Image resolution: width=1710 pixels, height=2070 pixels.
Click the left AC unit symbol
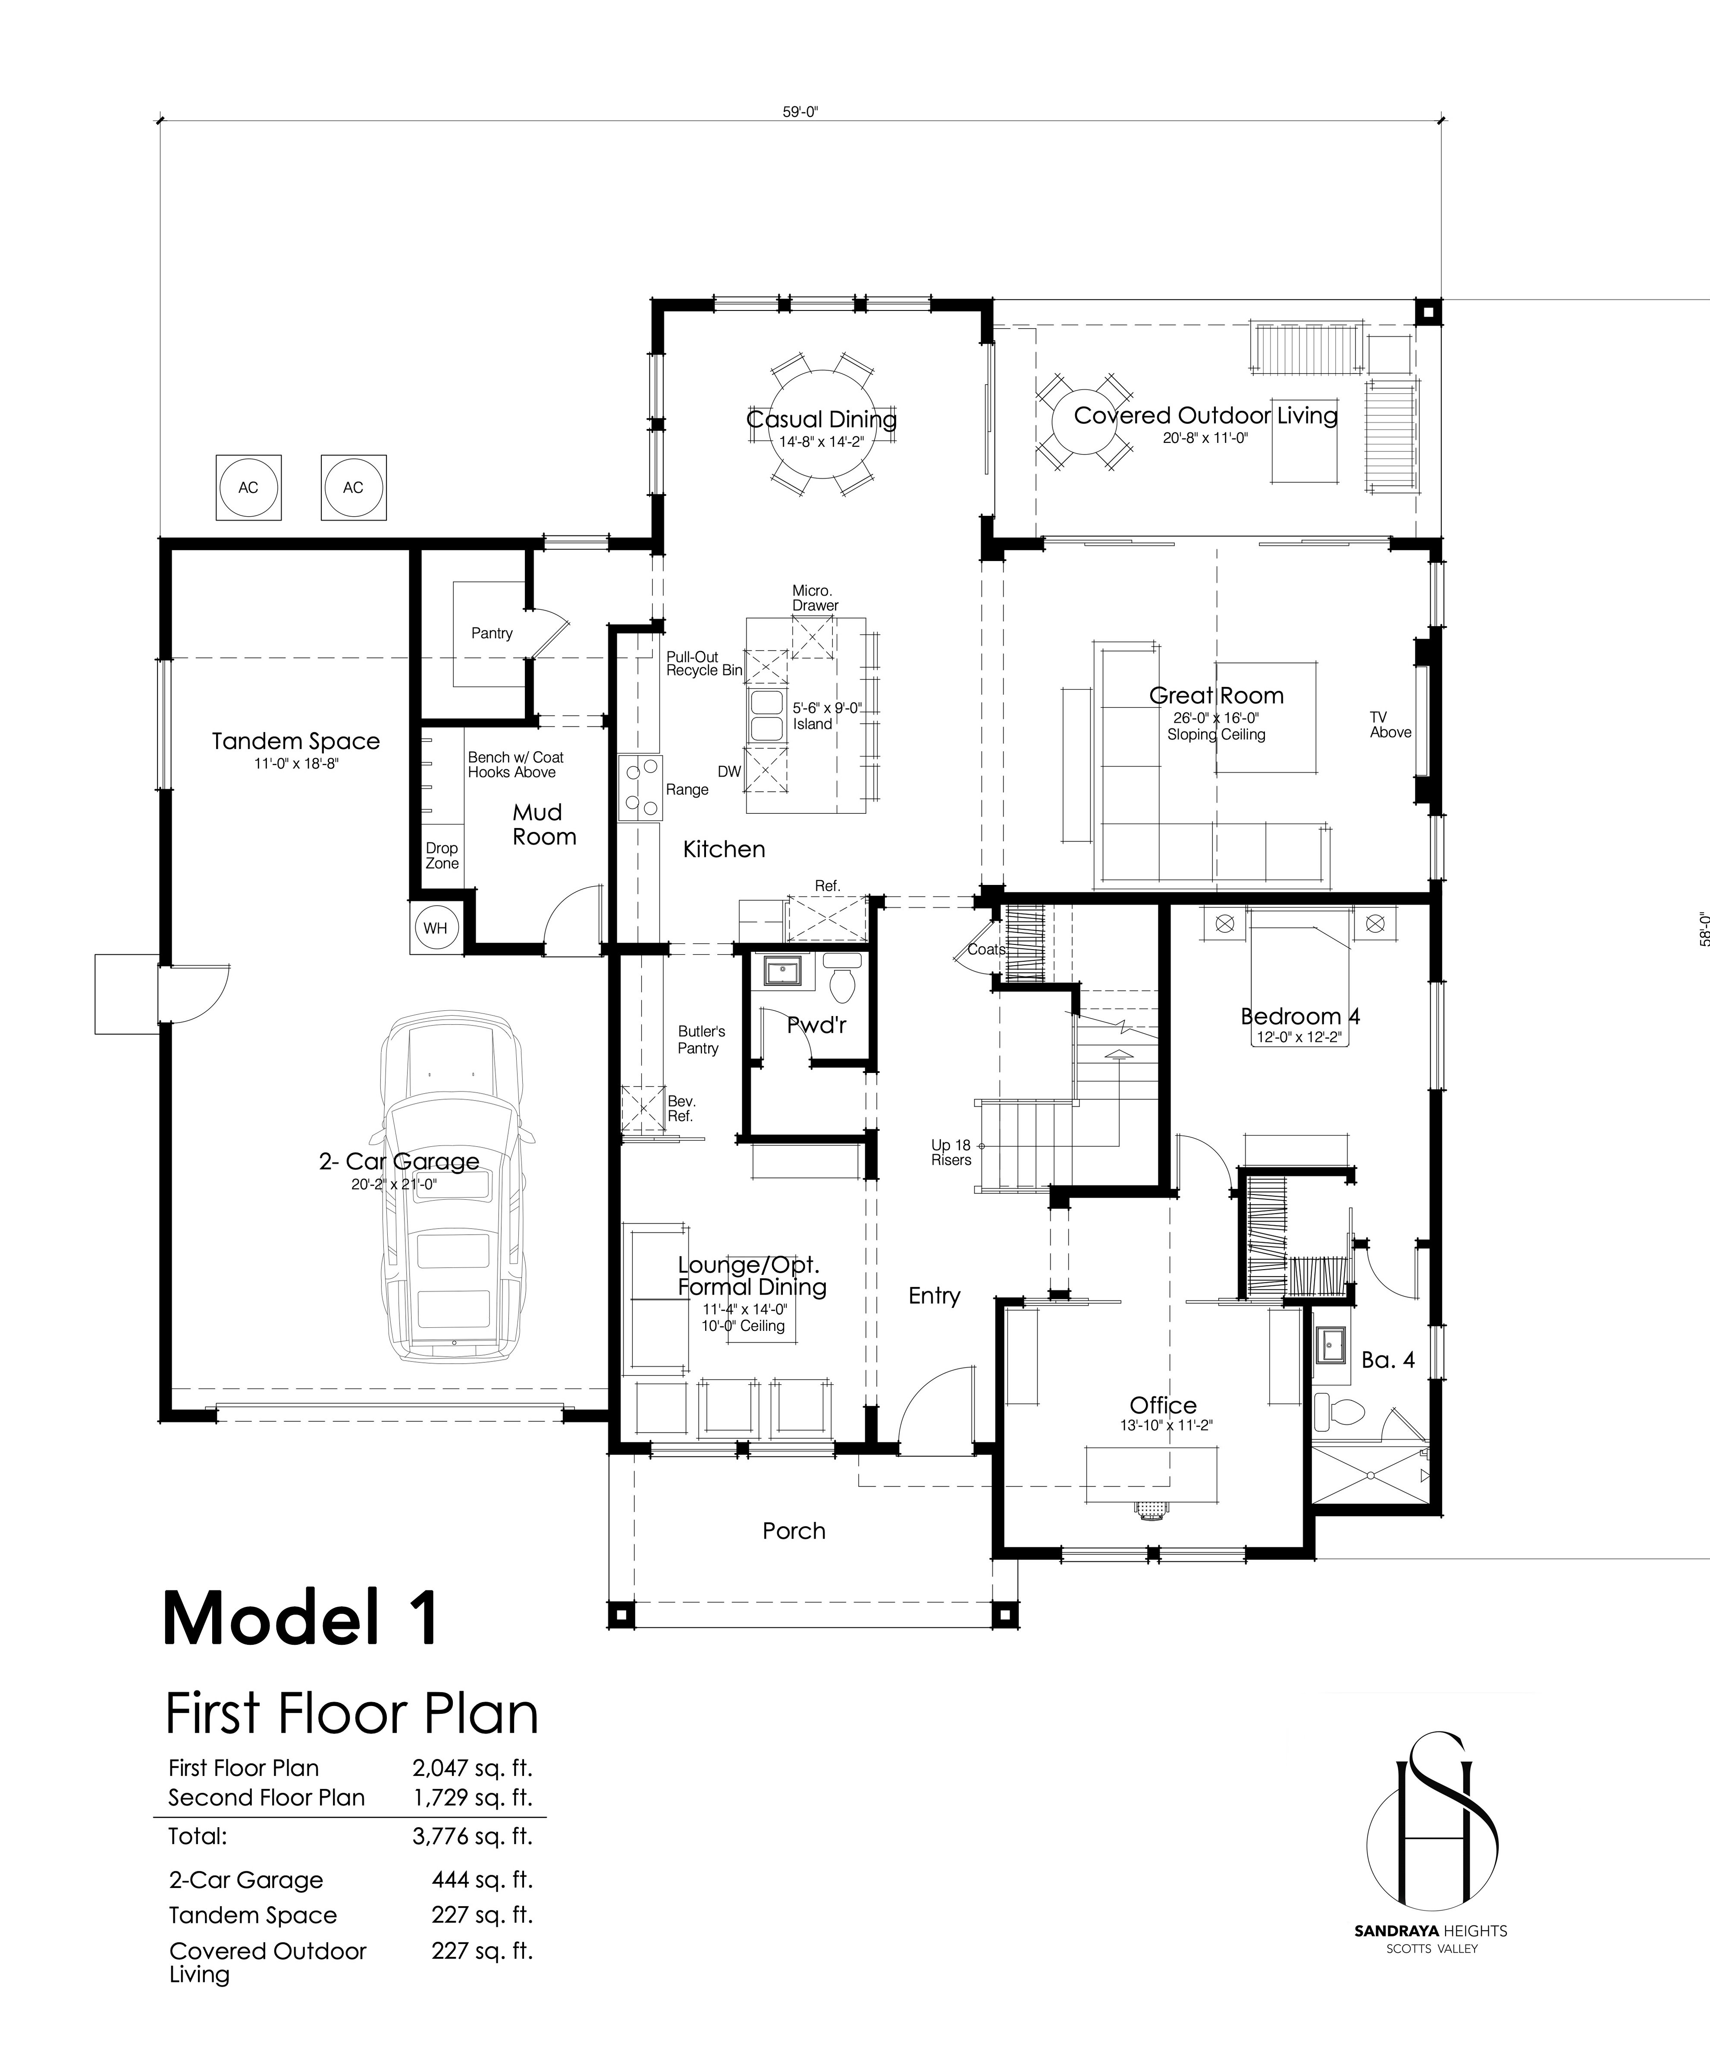click(248, 487)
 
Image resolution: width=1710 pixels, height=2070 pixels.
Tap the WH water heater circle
click(436, 928)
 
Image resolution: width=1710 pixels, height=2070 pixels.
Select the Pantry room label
click(492, 633)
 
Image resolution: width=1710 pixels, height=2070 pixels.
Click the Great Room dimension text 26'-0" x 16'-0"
click(1217, 718)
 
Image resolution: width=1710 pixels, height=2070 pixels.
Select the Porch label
click(794, 1531)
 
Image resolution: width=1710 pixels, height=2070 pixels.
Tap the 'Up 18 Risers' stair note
click(951, 1152)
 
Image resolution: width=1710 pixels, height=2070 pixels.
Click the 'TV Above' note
click(1390, 725)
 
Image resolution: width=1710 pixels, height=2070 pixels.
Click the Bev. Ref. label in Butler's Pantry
click(681, 1108)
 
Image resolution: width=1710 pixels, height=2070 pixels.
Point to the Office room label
click(1163, 1405)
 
